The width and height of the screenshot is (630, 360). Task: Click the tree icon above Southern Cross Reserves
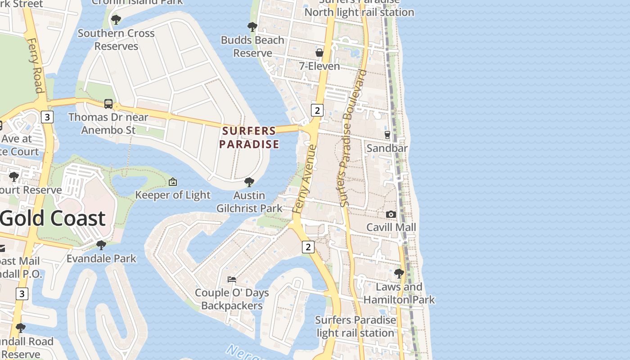click(x=116, y=20)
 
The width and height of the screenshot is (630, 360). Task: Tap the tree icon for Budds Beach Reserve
click(x=252, y=27)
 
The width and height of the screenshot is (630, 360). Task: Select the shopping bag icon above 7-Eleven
click(x=319, y=53)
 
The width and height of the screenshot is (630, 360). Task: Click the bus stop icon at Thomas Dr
click(x=108, y=104)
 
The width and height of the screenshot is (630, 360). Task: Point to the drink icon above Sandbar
click(x=387, y=135)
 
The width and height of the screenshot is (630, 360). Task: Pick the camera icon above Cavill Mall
click(x=391, y=214)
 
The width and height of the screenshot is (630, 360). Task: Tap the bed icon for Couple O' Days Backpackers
click(x=232, y=279)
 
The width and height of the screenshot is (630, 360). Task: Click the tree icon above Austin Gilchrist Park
click(x=249, y=182)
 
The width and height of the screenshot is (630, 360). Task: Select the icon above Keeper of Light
click(x=172, y=182)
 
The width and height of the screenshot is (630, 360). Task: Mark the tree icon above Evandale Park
click(x=101, y=245)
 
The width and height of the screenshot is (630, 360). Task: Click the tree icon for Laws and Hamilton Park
click(x=399, y=273)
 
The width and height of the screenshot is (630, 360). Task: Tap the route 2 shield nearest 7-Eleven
click(x=317, y=110)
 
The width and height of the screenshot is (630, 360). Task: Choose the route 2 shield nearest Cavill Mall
click(x=308, y=247)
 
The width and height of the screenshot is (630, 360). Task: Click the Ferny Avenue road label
click(x=305, y=179)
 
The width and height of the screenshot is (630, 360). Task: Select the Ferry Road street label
click(x=35, y=65)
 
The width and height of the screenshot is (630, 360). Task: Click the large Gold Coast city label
click(x=53, y=218)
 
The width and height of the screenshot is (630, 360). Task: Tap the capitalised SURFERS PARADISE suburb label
click(x=249, y=138)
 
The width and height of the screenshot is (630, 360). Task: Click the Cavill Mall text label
click(x=391, y=227)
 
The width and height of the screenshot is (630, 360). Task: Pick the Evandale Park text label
click(x=101, y=259)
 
